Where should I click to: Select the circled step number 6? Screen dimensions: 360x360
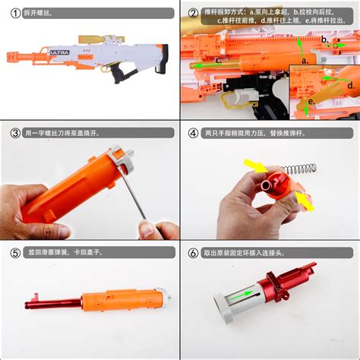(x=193, y=252)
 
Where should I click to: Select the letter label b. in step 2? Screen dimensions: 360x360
(x=324, y=39)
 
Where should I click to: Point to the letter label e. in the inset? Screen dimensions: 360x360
(x=312, y=99)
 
